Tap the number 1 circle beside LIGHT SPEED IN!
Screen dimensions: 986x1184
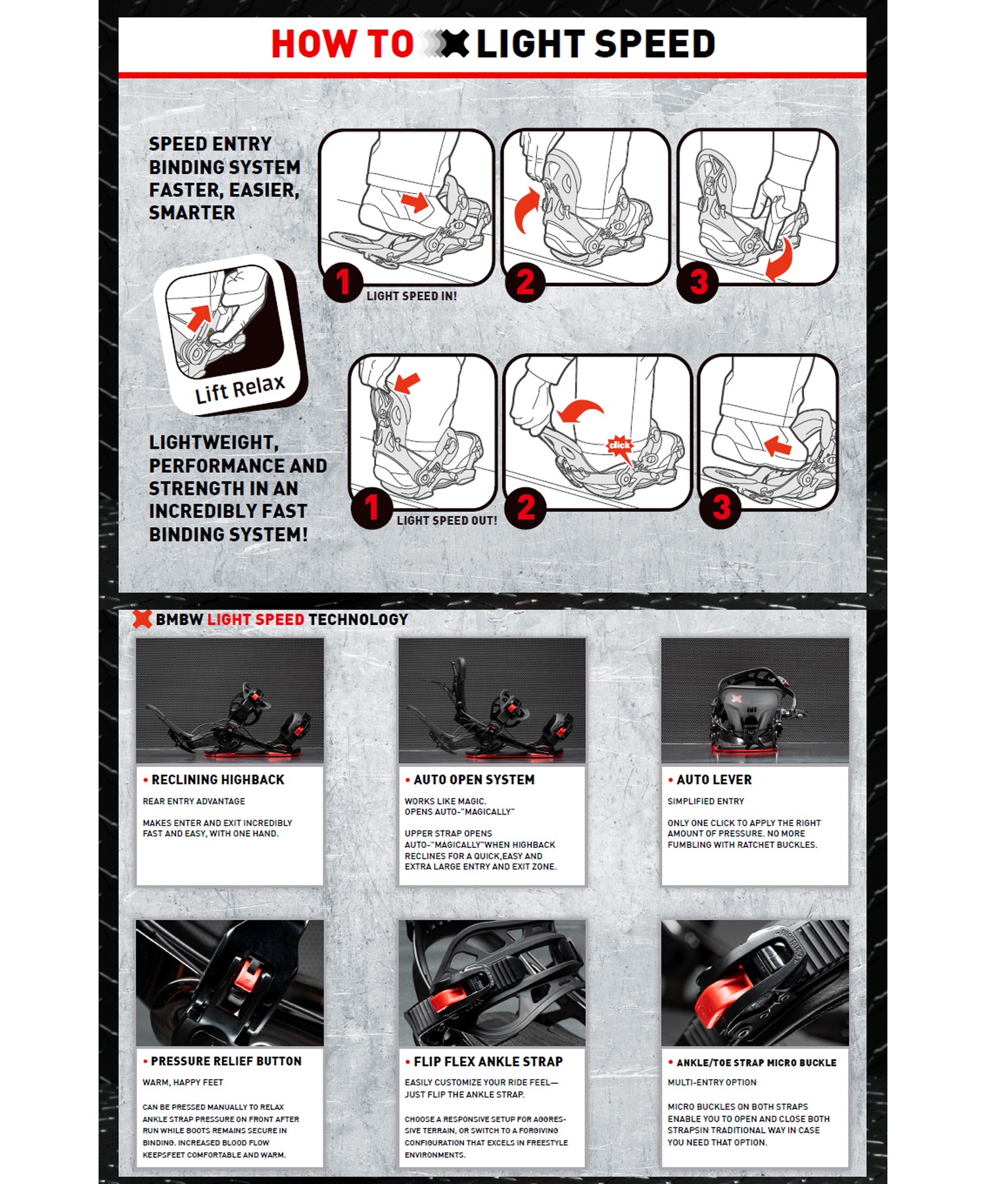point(342,282)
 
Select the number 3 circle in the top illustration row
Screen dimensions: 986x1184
point(698,282)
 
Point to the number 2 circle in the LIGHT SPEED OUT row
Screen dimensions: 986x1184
point(525,507)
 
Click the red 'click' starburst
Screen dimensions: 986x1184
point(619,446)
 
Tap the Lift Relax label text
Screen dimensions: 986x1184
point(240,389)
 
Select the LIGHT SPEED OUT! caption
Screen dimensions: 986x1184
point(447,520)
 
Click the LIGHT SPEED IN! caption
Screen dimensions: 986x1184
point(411,296)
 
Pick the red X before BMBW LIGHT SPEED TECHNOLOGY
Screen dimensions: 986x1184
point(142,619)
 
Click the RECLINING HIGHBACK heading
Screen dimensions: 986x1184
point(218,779)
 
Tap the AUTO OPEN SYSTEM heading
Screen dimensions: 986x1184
point(474,779)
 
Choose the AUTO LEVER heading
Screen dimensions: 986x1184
point(714,779)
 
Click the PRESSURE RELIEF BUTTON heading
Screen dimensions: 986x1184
point(226,1061)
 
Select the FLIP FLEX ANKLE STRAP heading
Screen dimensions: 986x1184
point(488,1062)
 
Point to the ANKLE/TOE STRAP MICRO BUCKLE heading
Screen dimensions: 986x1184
point(757,1062)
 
